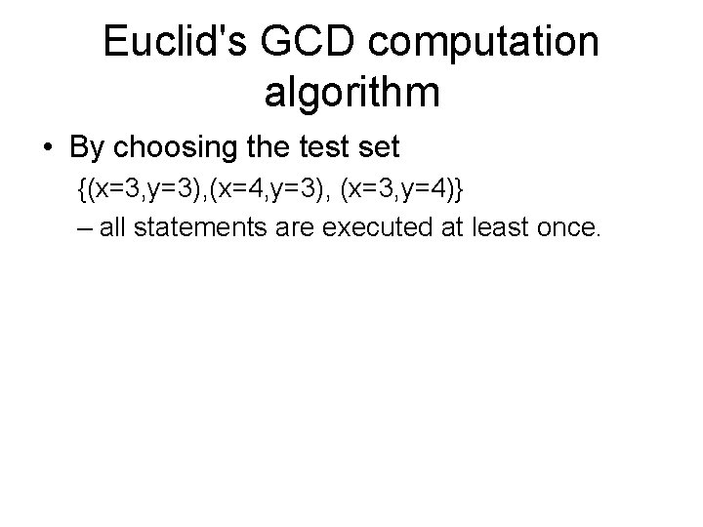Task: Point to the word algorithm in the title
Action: (x=351, y=95)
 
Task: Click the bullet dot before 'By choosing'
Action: (x=48, y=148)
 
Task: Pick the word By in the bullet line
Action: (x=87, y=148)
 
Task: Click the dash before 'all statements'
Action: (x=83, y=230)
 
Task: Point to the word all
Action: (x=109, y=229)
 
